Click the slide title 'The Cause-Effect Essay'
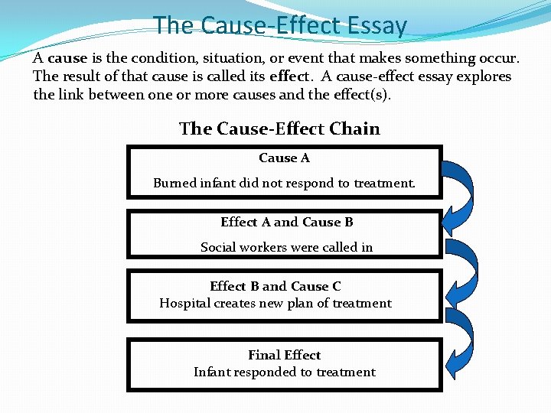(279, 25)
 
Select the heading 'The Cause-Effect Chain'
(279, 128)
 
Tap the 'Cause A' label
(284, 158)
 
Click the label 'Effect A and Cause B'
(286, 222)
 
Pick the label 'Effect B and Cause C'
(275, 286)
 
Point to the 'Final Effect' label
(284, 355)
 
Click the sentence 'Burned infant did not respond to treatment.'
(284, 183)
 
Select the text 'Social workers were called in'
(286, 247)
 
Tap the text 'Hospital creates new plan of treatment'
(275, 303)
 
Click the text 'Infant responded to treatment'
(284, 372)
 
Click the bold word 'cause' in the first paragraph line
(67, 58)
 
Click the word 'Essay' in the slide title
(375, 25)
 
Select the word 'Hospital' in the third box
(184, 303)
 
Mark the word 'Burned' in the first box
(174, 183)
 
